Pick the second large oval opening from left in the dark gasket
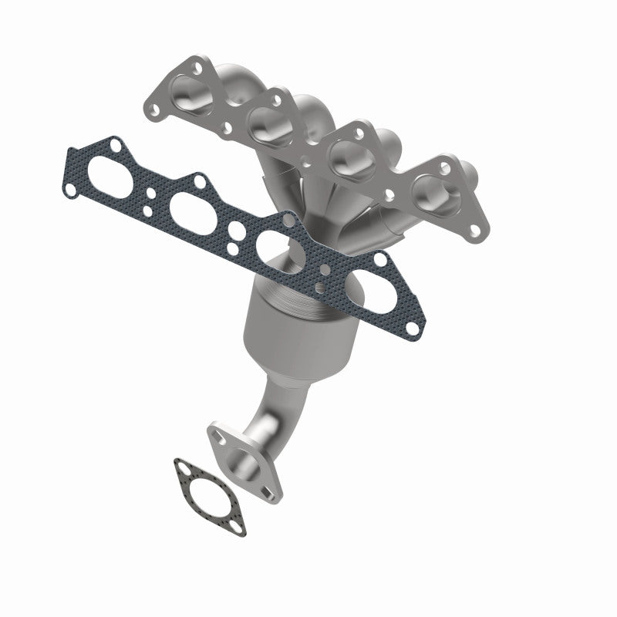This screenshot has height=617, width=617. [x=188, y=207]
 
